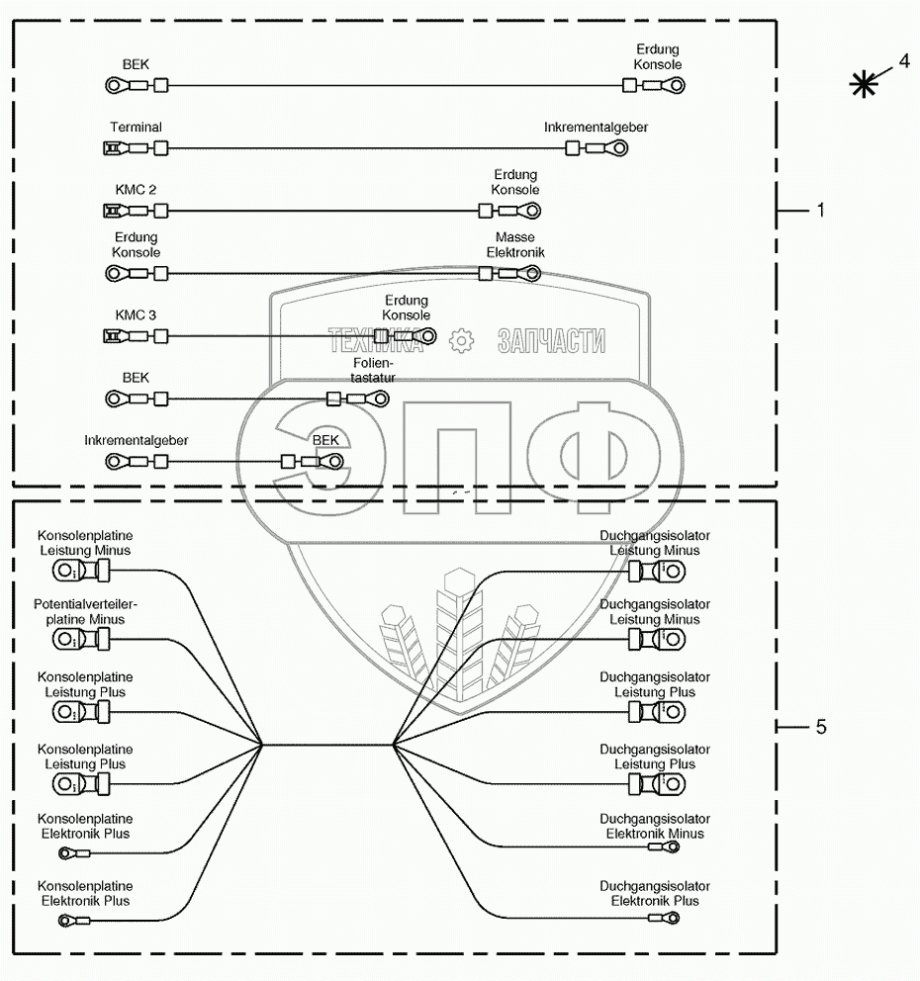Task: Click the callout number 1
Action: (819, 211)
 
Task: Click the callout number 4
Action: (903, 61)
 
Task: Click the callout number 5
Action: (820, 728)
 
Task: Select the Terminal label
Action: (137, 128)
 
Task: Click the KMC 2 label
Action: (137, 189)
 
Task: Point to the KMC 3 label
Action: (137, 315)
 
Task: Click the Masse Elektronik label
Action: (514, 245)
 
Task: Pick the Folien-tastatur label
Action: (373, 370)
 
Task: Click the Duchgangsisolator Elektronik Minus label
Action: (655, 827)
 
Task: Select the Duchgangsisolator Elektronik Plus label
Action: (655, 894)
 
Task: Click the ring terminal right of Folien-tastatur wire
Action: (376, 399)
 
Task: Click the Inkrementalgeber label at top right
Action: (596, 128)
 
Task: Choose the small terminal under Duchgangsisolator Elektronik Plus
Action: (663, 919)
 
